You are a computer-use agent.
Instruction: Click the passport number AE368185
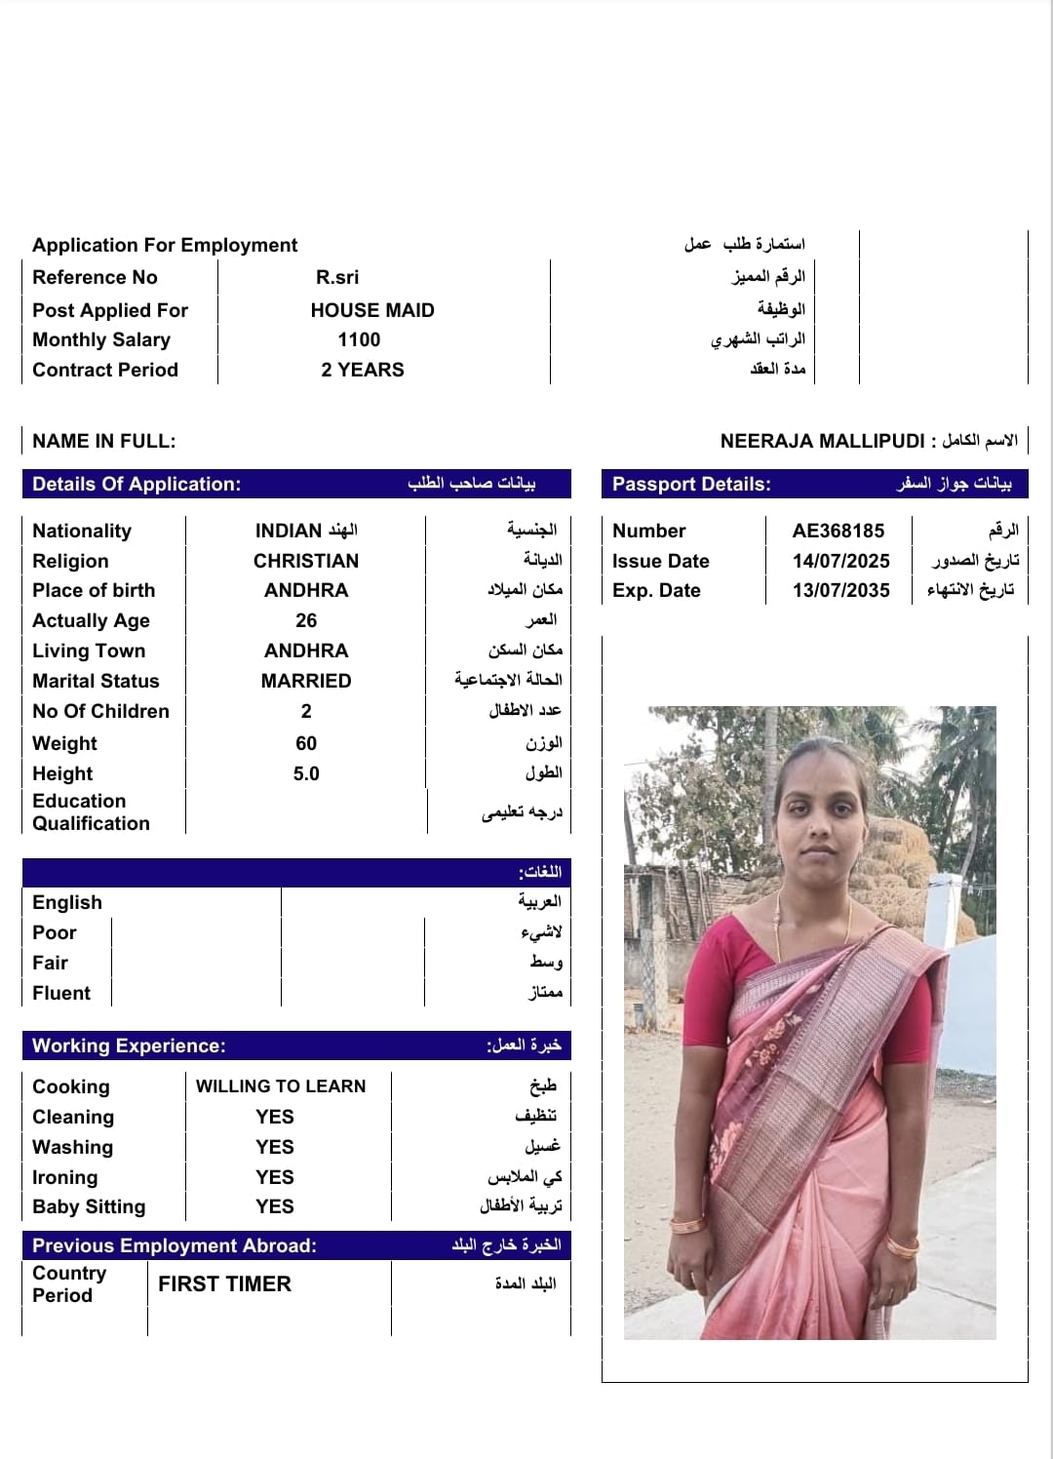click(838, 531)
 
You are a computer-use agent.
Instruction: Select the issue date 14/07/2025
click(840, 561)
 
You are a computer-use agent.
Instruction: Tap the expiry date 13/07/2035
click(840, 590)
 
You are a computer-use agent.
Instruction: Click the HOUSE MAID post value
click(372, 310)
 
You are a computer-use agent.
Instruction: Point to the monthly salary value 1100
click(359, 339)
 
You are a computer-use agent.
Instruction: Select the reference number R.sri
click(337, 277)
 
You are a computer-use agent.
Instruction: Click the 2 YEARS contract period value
click(363, 370)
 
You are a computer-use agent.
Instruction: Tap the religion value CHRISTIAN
click(306, 561)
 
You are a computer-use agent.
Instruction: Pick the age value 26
click(306, 620)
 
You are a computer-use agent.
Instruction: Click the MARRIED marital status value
click(306, 681)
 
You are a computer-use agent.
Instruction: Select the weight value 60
click(306, 743)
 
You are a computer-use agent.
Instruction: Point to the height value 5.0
click(306, 773)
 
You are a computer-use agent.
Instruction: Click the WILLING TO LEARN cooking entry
click(281, 1086)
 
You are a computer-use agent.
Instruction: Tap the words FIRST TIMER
click(224, 1283)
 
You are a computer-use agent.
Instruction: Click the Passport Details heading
click(691, 484)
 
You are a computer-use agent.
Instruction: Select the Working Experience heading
click(129, 1045)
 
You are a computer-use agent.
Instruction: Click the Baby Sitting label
click(89, 1206)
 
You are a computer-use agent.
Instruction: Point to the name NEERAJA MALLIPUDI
click(822, 441)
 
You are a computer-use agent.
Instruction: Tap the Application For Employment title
click(165, 245)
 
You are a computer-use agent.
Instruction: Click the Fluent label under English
click(61, 993)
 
